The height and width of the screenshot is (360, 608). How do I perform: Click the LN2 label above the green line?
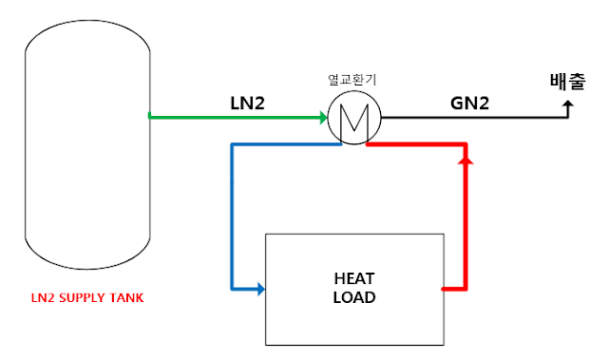[247, 102]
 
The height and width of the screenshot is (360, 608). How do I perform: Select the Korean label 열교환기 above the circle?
[351, 81]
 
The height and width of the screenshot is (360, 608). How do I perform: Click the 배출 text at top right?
[568, 82]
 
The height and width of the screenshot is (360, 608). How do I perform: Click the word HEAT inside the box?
[354, 279]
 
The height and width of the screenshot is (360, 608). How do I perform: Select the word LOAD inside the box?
[354, 296]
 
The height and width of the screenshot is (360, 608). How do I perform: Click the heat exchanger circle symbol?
[353, 120]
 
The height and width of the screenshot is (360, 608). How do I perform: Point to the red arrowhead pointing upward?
[465, 165]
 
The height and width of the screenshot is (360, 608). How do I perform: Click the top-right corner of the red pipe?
[465, 146]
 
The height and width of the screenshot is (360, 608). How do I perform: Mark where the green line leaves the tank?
[151, 117]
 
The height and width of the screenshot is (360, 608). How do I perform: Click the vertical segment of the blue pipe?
[232, 218]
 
